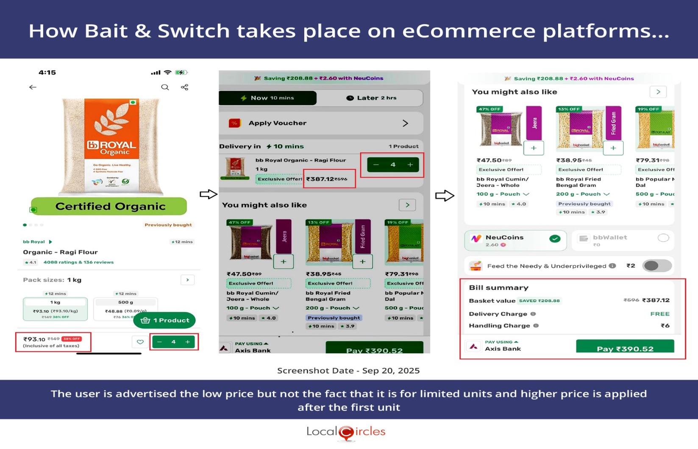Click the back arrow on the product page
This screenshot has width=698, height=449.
click(33, 87)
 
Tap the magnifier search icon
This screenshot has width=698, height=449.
click(165, 87)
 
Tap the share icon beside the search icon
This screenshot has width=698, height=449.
click(184, 87)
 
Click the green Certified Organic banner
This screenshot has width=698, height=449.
click(109, 206)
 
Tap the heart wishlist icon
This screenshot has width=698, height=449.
click(140, 342)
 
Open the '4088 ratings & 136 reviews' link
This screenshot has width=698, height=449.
click(78, 262)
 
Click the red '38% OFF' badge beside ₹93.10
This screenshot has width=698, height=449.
click(72, 339)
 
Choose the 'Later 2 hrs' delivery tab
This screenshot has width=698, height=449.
click(371, 98)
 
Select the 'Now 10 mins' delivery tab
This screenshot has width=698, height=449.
click(268, 98)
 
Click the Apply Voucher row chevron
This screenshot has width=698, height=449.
click(405, 123)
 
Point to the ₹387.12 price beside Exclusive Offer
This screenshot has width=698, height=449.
click(320, 179)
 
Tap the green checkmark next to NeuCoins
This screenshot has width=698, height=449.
click(554, 239)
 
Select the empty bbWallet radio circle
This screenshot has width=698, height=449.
click(663, 238)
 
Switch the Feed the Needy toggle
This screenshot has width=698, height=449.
click(656, 266)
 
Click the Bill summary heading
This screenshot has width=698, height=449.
click(498, 287)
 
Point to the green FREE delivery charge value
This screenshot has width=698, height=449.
click(659, 314)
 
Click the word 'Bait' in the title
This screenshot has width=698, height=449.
click(106, 31)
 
